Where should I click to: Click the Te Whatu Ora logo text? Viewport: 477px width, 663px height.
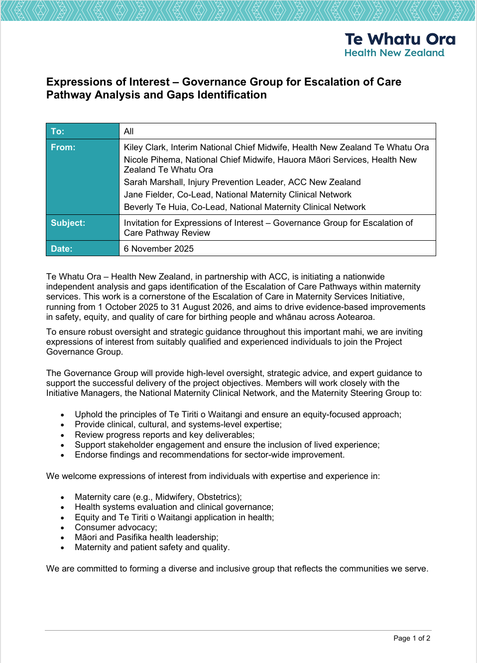tap(400, 39)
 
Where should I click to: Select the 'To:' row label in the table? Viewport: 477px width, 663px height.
tap(58, 131)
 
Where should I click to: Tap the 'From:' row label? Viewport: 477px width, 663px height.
tap(63, 147)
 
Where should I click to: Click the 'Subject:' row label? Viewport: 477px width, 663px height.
tap(68, 223)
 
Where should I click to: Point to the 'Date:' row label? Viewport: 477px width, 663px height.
tap(62, 249)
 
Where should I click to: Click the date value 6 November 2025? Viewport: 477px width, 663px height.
tap(159, 249)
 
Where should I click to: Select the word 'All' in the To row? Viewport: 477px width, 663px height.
tap(129, 131)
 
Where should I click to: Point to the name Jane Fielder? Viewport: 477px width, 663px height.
tap(148, 194)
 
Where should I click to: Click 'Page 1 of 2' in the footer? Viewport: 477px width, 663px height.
tap(412, 638)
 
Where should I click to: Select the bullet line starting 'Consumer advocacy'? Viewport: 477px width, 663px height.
tap(116, 527)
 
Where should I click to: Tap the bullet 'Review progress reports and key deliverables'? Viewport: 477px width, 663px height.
tap(164, 435)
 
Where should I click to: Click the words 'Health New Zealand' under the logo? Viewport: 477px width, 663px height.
tap(394, 53)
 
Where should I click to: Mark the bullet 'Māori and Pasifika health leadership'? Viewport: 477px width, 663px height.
tap(146, 537)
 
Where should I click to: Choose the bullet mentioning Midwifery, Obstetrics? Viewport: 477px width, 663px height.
tap(158, 497)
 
